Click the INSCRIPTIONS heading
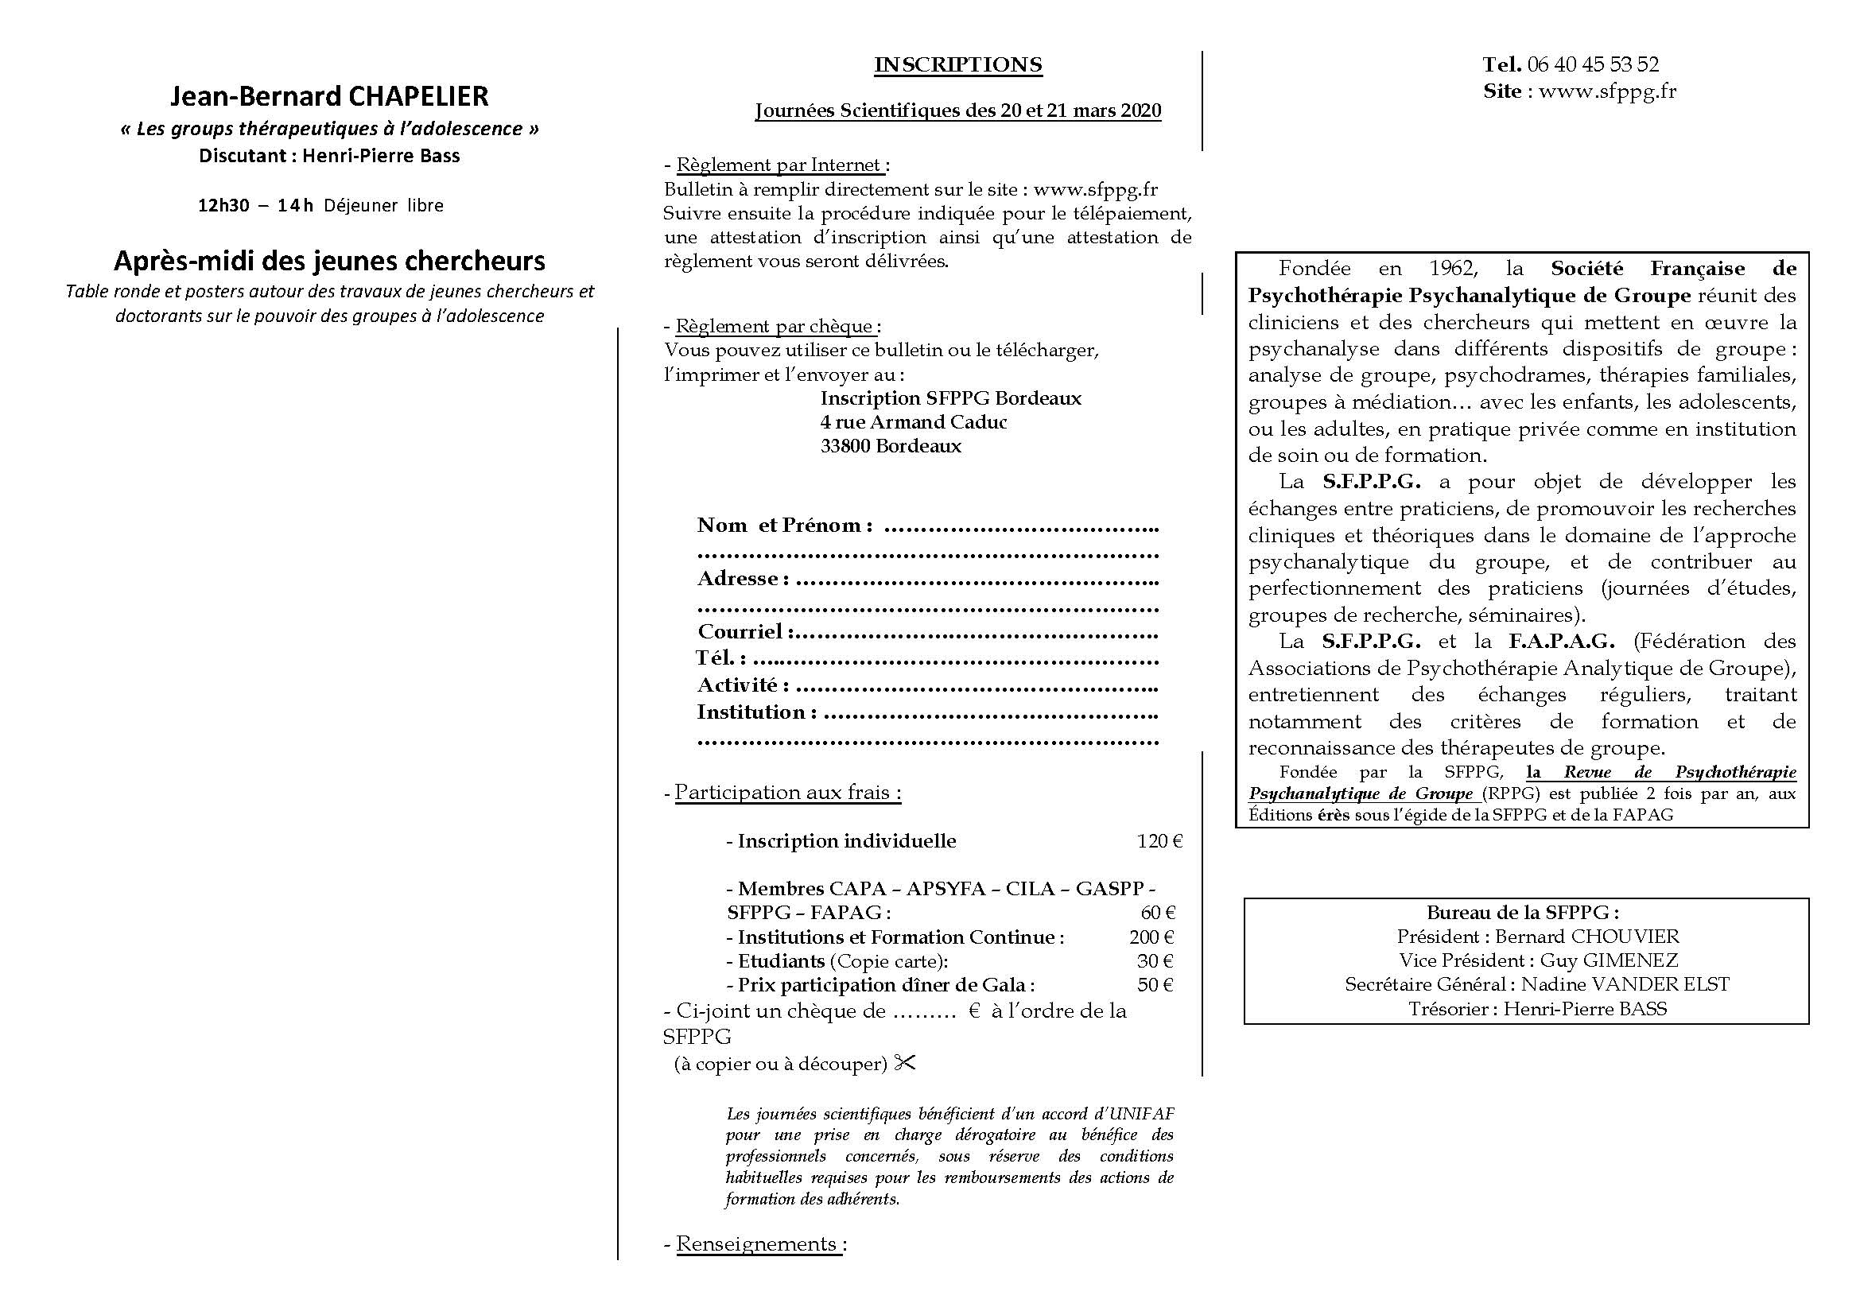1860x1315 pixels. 957,64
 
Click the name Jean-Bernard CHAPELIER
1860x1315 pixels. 330,96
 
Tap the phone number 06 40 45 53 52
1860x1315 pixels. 1593,64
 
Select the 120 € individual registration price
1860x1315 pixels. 1160,841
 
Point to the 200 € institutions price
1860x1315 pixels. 1151,937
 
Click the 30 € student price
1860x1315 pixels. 1155,961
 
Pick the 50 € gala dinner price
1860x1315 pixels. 1155,985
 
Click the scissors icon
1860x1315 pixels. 905,1063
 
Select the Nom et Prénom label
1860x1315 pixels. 784,526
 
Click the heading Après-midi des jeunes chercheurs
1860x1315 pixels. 330,261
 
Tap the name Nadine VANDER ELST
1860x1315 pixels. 1625,984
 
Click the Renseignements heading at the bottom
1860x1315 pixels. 756,1243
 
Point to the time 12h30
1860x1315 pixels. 223,206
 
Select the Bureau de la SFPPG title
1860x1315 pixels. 1523,913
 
